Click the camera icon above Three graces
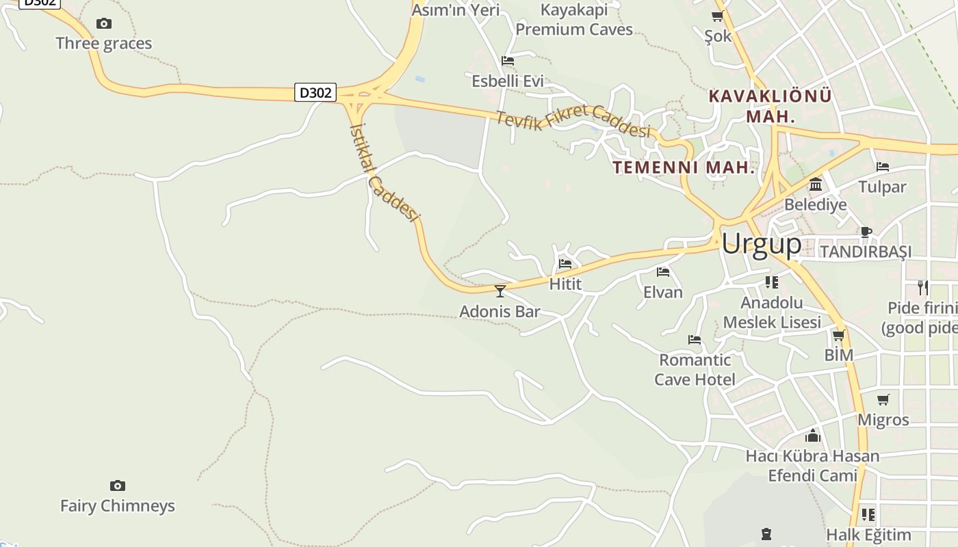pos(104,24)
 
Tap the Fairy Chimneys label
pos(118,506)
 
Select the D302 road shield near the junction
pos(315,92)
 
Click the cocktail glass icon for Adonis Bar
pos(500,291)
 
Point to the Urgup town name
pos(761,244)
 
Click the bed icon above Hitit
pos(565,264)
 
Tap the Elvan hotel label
pos(662,292)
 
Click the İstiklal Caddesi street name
pos(383,171)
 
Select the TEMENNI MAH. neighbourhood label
pos(684,168)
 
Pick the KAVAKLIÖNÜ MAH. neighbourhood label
pos(771,105)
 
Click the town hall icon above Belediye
pos(816,185)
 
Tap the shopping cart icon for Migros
pos(883,399)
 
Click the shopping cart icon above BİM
pos(839,335)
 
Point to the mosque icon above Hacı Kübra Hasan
pos(812,436)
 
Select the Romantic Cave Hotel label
pos(695,369)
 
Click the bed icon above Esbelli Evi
pos(508,61)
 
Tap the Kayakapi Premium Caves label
pos(574,20)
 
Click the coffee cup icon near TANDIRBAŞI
pos(866,232)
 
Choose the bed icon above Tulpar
pos(883,166)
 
